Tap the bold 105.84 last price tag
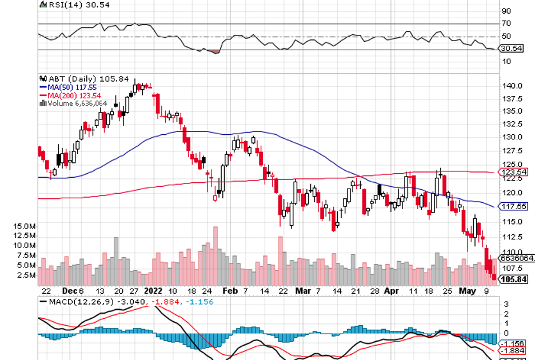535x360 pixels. (513, 279)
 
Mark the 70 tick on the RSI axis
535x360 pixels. (506, 23)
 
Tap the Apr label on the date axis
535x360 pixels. (391, 290)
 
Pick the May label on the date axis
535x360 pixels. (468, 290)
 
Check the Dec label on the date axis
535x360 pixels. (69, 290)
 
